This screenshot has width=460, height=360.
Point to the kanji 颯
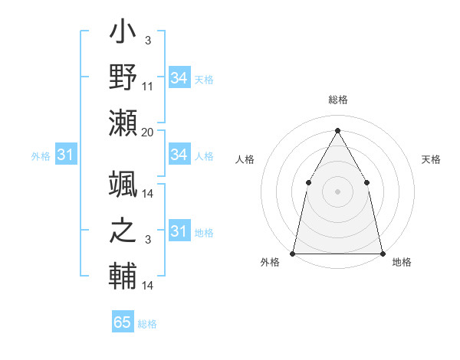click(123, 185)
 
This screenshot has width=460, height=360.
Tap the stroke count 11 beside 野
click(148, 86)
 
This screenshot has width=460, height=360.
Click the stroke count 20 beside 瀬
click(148, 132)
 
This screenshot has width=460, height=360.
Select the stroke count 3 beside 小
click(147, 40)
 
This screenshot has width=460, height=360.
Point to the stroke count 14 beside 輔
click(148, 285)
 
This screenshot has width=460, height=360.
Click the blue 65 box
click(123, 322)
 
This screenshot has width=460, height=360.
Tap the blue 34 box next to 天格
click(179, 78)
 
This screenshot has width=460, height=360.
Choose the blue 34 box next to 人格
click(179, 155)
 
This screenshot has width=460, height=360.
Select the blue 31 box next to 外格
click(65, 155)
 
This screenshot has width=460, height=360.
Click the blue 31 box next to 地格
click(179, 231)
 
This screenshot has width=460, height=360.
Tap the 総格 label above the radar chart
click(337, 100)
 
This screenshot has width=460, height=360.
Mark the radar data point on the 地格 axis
click(382, 253)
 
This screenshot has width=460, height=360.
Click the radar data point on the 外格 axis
click(293, 253)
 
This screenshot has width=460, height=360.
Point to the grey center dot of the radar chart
click(337, 191)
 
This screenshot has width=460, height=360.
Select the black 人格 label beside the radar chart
click(245, 159)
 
